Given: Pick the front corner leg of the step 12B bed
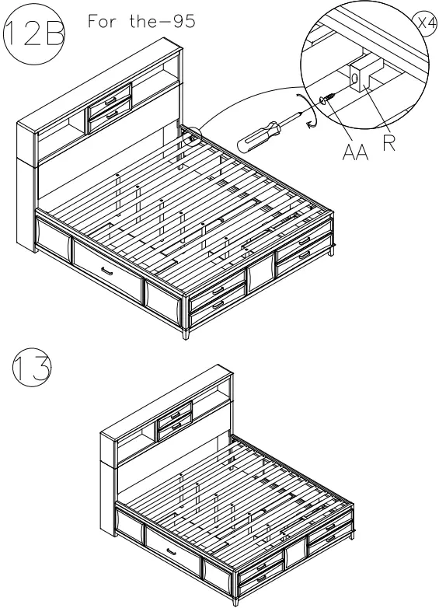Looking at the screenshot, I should (187, 333).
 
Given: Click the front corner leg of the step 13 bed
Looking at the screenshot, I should (236, 599).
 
